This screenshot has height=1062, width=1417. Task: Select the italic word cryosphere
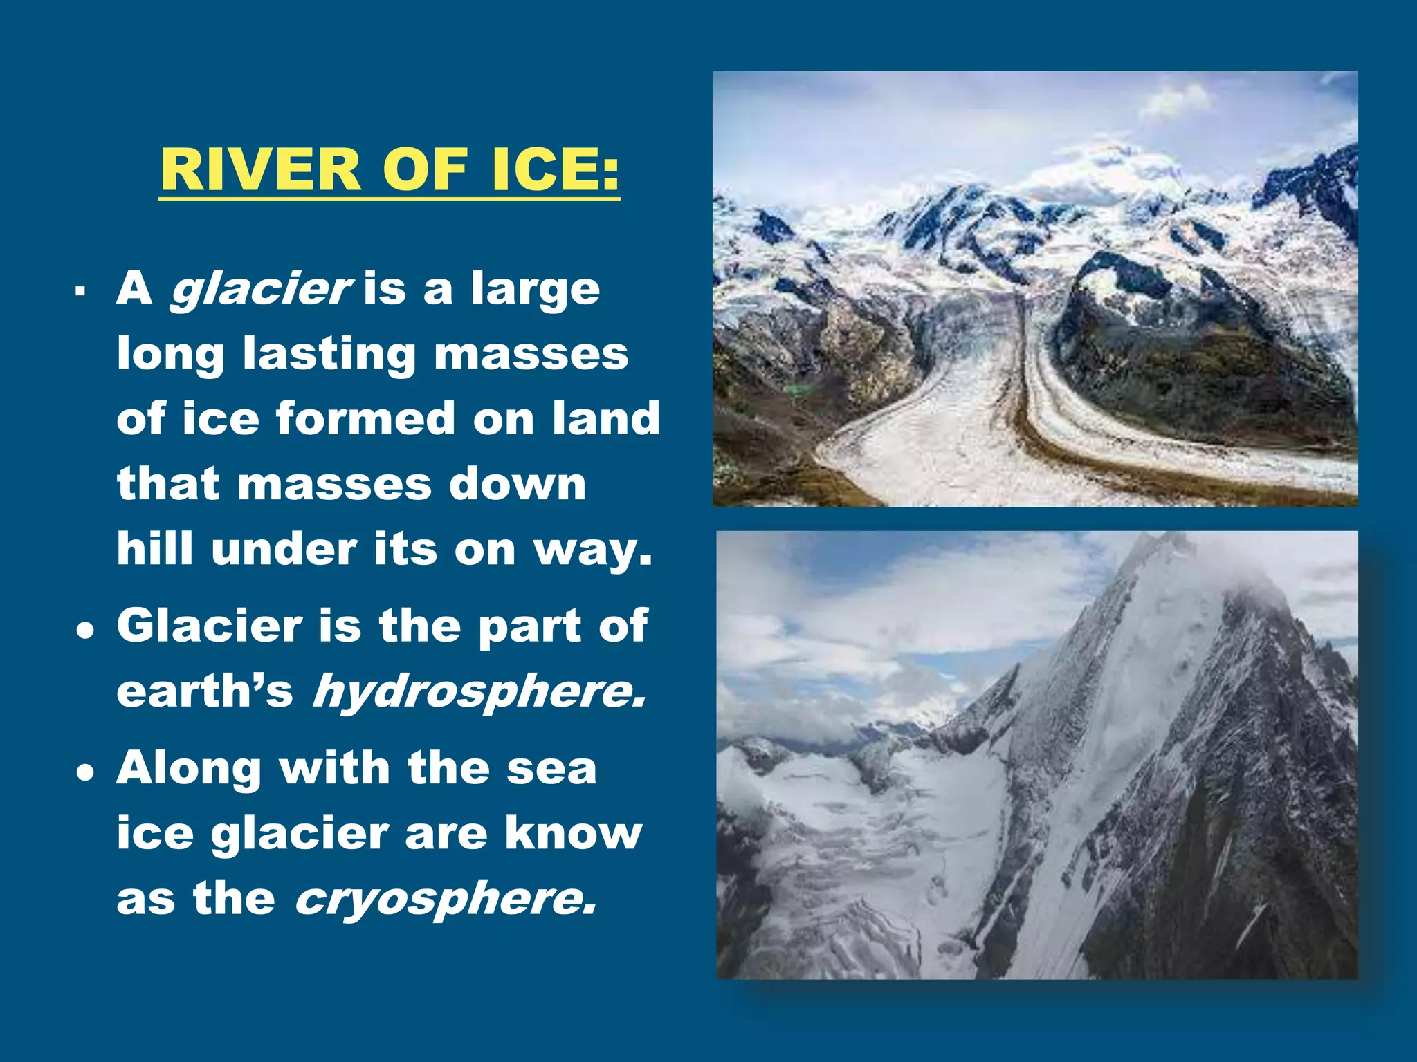(445, 899)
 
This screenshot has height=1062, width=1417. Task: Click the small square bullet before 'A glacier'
(81, 291)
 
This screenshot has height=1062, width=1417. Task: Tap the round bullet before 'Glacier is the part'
(85, 631)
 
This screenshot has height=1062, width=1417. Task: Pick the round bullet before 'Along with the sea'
(85, 773)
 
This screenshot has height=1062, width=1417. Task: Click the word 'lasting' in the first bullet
(329, 354)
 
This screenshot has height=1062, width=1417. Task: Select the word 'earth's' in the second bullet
(205, 690)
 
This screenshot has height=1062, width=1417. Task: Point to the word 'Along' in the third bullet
(187, 769)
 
